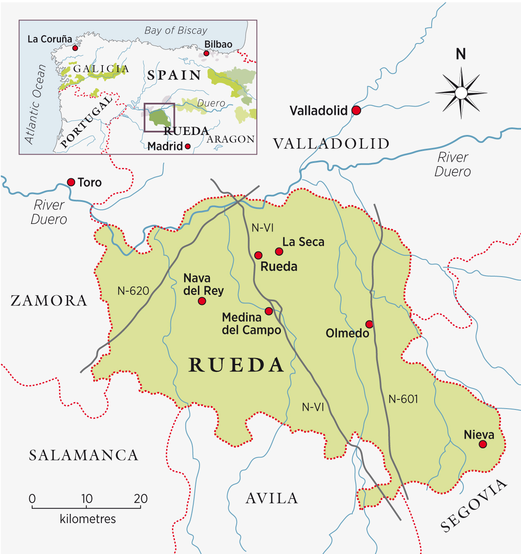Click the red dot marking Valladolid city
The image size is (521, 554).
(356, 110)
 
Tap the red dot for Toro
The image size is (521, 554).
(71, 182)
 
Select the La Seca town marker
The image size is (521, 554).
(279, 251)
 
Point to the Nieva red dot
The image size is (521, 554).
(483, 444)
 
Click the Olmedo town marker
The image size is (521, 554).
(369, 324)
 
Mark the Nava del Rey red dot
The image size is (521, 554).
(202, 301)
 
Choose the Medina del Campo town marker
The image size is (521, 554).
(269, 311)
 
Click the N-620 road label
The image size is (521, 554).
(133, 291)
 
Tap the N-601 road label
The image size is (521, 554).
(403, 399)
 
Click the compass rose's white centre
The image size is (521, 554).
(461, 93)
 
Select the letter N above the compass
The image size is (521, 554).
(461, 54)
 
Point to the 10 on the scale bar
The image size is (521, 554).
(86, 498)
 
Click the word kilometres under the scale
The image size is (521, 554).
(88, 519)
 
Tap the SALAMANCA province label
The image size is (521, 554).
(83, 455)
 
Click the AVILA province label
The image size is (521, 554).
(272, 498)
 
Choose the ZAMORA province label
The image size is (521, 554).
(49, 300)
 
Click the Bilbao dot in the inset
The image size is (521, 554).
(206, 53)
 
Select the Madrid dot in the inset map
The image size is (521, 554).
(188, 146)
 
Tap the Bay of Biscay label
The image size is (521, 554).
(176, 30)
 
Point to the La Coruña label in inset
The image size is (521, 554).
(50, 39)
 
